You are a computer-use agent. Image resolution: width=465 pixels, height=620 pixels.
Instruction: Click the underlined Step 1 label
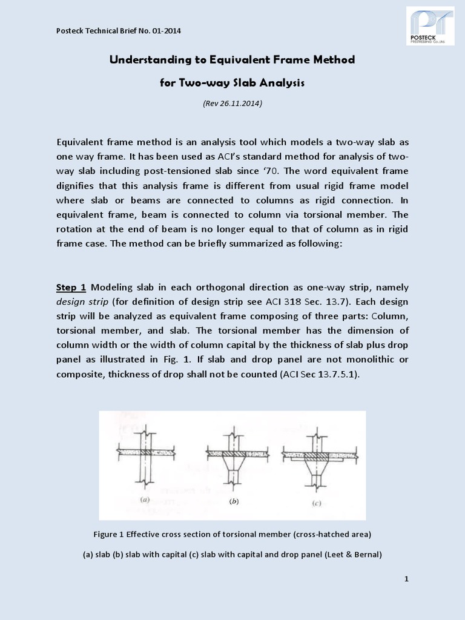coord(71,286)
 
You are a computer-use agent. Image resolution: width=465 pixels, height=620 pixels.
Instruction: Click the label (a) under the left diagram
coord(145,500)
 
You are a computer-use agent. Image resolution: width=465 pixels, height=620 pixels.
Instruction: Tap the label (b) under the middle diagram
coord(233,502)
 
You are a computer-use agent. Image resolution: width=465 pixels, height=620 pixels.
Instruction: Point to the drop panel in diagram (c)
coord(317,460)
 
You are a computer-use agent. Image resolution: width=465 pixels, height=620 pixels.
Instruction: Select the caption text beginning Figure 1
coord(232,534)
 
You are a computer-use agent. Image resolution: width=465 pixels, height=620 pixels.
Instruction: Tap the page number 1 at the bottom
coord(406,579)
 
